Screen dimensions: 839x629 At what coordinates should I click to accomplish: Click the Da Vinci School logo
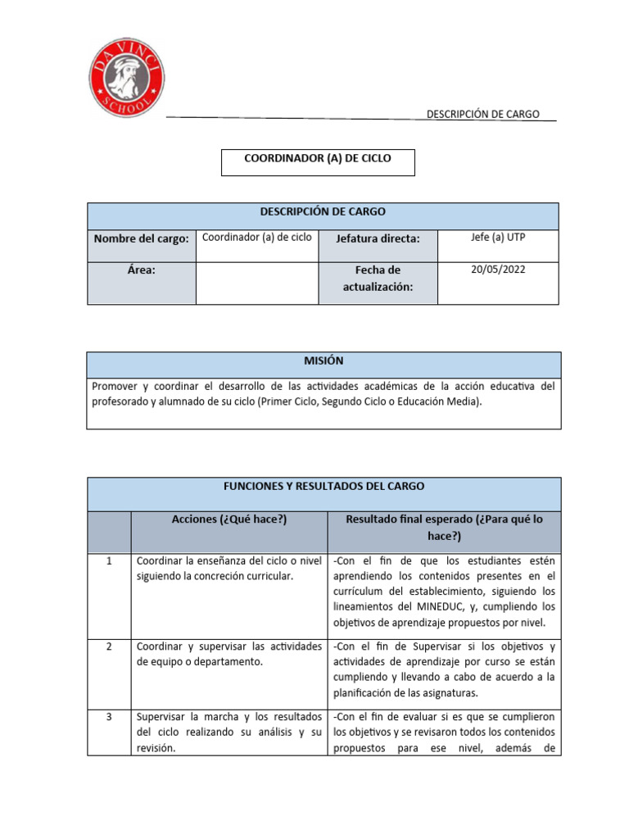[x=126, y=79]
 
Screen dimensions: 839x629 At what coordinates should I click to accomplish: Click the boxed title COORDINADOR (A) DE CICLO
[x=318, y=159]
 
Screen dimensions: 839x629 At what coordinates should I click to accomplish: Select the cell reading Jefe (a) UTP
[x=498, y=237]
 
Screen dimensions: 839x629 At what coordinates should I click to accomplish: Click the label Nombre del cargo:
[x=142, y=238]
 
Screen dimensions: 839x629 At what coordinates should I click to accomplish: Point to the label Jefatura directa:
[x=378, y=238]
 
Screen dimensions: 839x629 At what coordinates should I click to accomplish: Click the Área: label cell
[x=142, y=270]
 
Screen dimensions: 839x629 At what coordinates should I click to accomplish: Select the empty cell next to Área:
[x=256, y=283]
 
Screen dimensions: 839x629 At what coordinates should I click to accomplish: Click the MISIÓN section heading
[x=324, y=361]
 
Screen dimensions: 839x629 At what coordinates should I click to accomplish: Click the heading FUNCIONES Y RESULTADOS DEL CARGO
[x=324, y=486]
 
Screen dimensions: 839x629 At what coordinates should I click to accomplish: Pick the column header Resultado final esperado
[x=444, y=527]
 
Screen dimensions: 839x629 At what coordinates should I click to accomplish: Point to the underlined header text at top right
[x=482, y=114]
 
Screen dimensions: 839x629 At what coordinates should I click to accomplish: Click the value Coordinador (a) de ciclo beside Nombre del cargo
[x=256, y=237]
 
